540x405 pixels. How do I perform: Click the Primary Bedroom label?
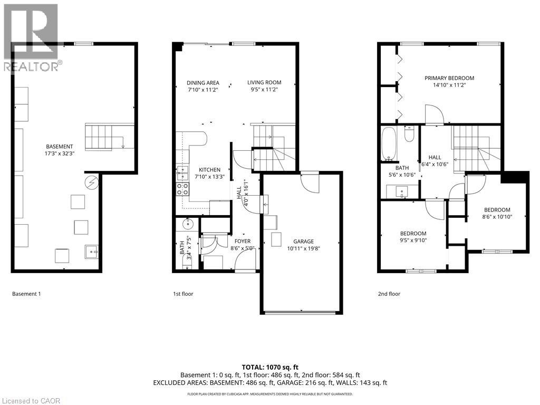pyautogui.click(x=449, y=78)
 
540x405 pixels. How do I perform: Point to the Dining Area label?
pyautogui.click(x=203, y=82)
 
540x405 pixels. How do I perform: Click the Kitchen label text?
pyautogui.click(x=209, y=170)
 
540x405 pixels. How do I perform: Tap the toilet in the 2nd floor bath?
pyautogui.click(x=409, y=135)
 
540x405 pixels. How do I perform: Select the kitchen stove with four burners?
pyautogui.click(x=182, y=189)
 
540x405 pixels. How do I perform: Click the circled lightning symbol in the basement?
pyautogui.click(x=92, y=182)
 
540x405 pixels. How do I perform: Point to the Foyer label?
pyautogui.click(x=243, y=241)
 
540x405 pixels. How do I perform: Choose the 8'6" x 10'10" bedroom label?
pyautogui.click(x=497, y=210)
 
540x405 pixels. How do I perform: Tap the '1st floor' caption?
pyautogui.click(x=183, y=294)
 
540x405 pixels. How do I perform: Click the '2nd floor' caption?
pyautogui.click(x=389, y=294)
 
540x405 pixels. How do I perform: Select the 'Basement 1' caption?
pyautogui.click(x=26, y=294)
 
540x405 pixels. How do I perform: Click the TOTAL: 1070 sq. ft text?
pyautogui.click(x=269, y=367)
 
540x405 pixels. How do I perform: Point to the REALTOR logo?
pyautogui.click(x=31, y=37)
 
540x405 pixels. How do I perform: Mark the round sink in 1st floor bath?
pyautogui.click(x=188, y=224)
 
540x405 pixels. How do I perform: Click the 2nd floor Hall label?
pyautogui.click(x=435, y=157)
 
